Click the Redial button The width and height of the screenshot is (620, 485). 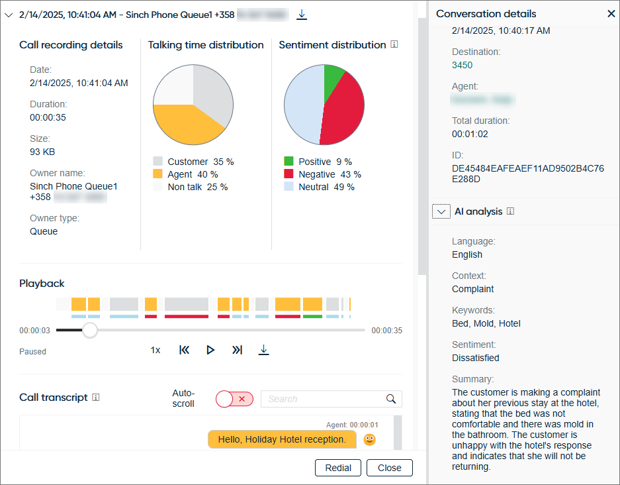[x=338, y=468]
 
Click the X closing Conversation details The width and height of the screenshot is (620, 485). [x=611, y=13]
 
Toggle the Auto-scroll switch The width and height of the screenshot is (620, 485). [x=234, y=399]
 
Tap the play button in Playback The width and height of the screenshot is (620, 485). [x=210, y=350]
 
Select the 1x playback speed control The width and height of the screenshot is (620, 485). [x=155, y=350]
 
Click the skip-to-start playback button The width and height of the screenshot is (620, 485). [x=185, y=350]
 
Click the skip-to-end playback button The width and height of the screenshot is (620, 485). [x=237, y=350]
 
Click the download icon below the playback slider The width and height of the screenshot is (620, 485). [x=263, y=350]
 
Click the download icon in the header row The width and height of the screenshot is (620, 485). [x=302, y=14]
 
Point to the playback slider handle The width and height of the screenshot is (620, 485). [x=90, y=330]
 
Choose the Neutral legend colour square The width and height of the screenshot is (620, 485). [x=288, y=187]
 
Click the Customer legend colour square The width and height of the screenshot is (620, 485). [x=157, y=162]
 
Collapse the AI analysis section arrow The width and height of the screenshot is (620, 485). [x=441, y=211]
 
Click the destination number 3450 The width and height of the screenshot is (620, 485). [x=462, y=65]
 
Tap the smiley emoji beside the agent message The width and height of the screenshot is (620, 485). [x=370, y=439]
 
